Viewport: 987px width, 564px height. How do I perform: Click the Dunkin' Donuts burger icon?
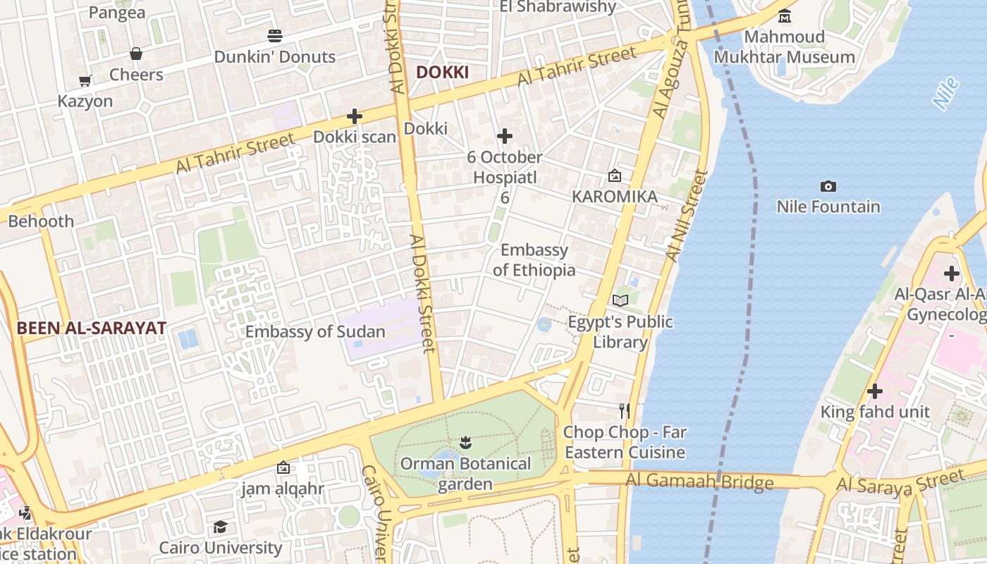coord(275,35)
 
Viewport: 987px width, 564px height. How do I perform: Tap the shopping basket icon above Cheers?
coord(136,54)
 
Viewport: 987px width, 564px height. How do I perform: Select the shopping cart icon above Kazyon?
coord(85,80)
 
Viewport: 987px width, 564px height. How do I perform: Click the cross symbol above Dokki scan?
coord(355,116)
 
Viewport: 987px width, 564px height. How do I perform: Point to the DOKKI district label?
coord(442,72)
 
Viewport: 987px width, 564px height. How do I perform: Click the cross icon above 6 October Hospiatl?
coord(505,136)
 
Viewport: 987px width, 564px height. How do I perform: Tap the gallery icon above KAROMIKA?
coord(615,176)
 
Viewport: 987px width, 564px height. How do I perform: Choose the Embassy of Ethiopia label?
coord(534,260)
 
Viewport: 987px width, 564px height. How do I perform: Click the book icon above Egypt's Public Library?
coord(620,301)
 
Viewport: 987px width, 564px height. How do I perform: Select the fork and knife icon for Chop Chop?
coord(624,411)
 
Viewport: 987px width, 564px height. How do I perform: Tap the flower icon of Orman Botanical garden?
coord(465,443)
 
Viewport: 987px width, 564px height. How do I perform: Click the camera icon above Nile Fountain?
coord(828,186)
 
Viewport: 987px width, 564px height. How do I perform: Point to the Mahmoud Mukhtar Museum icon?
coord(784,16)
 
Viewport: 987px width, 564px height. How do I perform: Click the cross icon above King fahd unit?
coord(875,391)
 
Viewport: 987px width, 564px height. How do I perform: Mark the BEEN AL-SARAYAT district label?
coord(92,328)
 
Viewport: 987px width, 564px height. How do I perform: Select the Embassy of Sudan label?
coord(315,332)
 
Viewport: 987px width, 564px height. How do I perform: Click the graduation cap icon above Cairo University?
coord(221,527)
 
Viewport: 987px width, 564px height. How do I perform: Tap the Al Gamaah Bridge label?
coord(699,482)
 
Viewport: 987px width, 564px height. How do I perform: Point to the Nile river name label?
coord(946,93)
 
